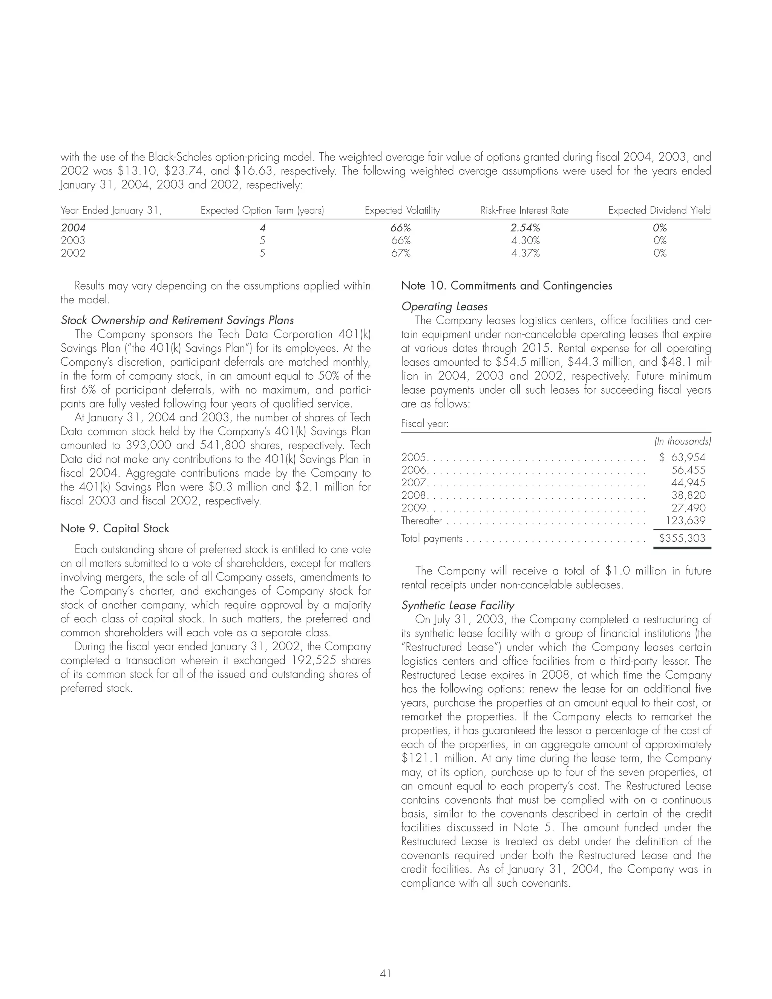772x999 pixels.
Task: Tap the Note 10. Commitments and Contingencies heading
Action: click(x=506, y=285)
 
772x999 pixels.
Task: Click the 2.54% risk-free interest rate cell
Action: click(x=525, y=227)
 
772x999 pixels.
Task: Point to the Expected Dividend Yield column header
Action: click(x=659, y=210)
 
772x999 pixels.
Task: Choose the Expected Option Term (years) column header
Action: click(x=262, y=210)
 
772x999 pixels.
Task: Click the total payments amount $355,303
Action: click(x=682, y=538)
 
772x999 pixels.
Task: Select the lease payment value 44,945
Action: click(x=688, y=483)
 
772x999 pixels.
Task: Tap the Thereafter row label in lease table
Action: click(x=421, y=521)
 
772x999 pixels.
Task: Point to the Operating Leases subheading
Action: click(x=444, y=306)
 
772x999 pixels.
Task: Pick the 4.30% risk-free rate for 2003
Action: click(x=525, y=240)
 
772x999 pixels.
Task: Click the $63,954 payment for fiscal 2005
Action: click(x=682, y=457)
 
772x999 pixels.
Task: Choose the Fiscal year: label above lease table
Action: click(x=424, y=424)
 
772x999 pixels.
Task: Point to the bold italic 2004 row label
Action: click(x=73, y=227)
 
